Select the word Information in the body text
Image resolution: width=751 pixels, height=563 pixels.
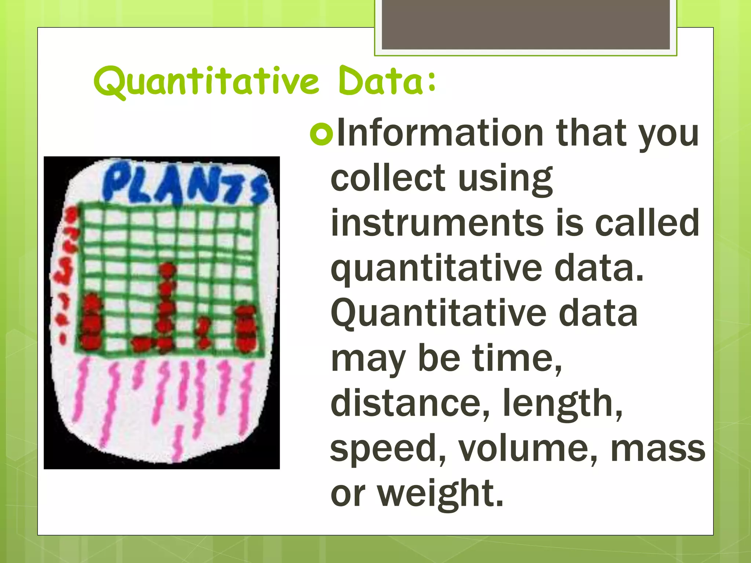[x=440, y=133]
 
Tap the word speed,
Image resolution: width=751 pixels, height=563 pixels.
[x=388, y=448]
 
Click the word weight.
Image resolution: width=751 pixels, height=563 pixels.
[x=440, y=493]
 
